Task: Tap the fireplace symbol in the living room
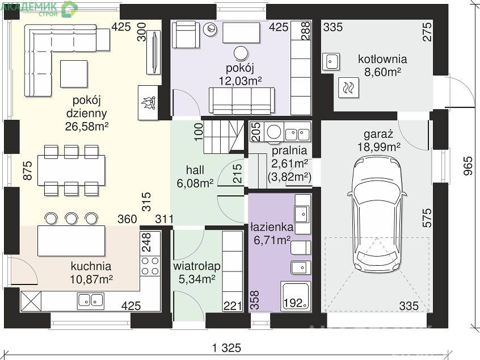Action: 148,103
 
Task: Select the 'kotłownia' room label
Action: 382,59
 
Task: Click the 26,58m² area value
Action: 87,126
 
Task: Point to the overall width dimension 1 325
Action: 227,348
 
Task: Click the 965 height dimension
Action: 468,166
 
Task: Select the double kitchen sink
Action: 91,300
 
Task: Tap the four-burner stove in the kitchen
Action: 150,266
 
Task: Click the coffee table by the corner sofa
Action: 74,74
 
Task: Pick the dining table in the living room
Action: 71,170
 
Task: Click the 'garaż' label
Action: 378,134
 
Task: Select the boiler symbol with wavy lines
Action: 349,87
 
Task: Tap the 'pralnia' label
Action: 289,150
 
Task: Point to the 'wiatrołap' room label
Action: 196,266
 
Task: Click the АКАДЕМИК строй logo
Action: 39,9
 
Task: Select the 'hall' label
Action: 195,170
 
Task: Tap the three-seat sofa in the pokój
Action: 242,101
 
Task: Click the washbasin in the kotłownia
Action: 331,61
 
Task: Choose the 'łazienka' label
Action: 272,227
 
